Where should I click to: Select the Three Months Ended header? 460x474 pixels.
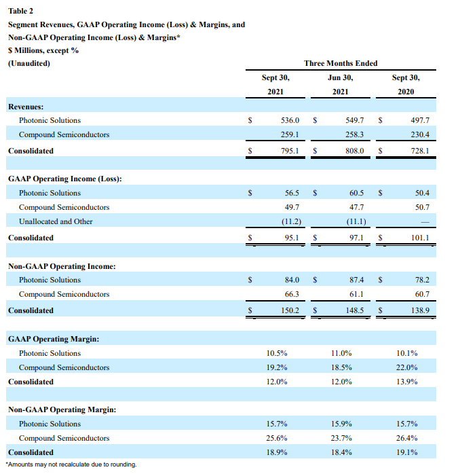341,63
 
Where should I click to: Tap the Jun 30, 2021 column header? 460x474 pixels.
341,84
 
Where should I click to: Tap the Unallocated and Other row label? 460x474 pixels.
56,221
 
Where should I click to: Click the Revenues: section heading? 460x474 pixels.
26,107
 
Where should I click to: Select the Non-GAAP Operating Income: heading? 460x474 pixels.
62,266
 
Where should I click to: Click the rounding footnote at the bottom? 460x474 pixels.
71,464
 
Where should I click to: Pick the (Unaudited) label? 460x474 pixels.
29,63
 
